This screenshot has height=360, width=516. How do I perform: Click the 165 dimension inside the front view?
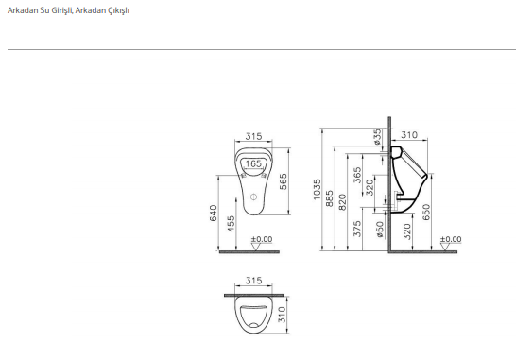(x=253, y=163)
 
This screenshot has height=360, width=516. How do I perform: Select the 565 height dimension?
(x=283, y=181)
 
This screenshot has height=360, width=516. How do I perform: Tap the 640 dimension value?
(x=214, y=213)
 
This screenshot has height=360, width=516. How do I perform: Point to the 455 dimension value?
(x=232, y=223)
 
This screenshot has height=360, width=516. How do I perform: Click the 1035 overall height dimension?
(x=317, y=189)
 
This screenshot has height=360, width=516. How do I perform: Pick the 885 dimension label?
(x=330, y=198)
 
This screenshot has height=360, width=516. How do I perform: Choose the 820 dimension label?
(x=342, y=202)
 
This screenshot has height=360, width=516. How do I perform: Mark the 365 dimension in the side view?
(x=357, y=175)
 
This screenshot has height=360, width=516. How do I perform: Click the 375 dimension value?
(x=357, y=229)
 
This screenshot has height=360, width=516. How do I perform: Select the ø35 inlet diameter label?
(x=377, y=137)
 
